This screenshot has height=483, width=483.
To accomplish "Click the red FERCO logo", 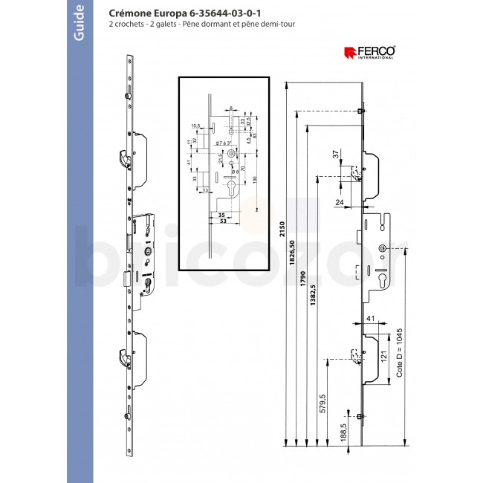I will point(369,52).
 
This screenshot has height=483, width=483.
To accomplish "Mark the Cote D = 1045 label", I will point(400,355).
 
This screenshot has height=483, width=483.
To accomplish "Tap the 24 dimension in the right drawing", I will point(340,201).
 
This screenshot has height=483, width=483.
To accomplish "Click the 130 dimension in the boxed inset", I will point(255,181).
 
